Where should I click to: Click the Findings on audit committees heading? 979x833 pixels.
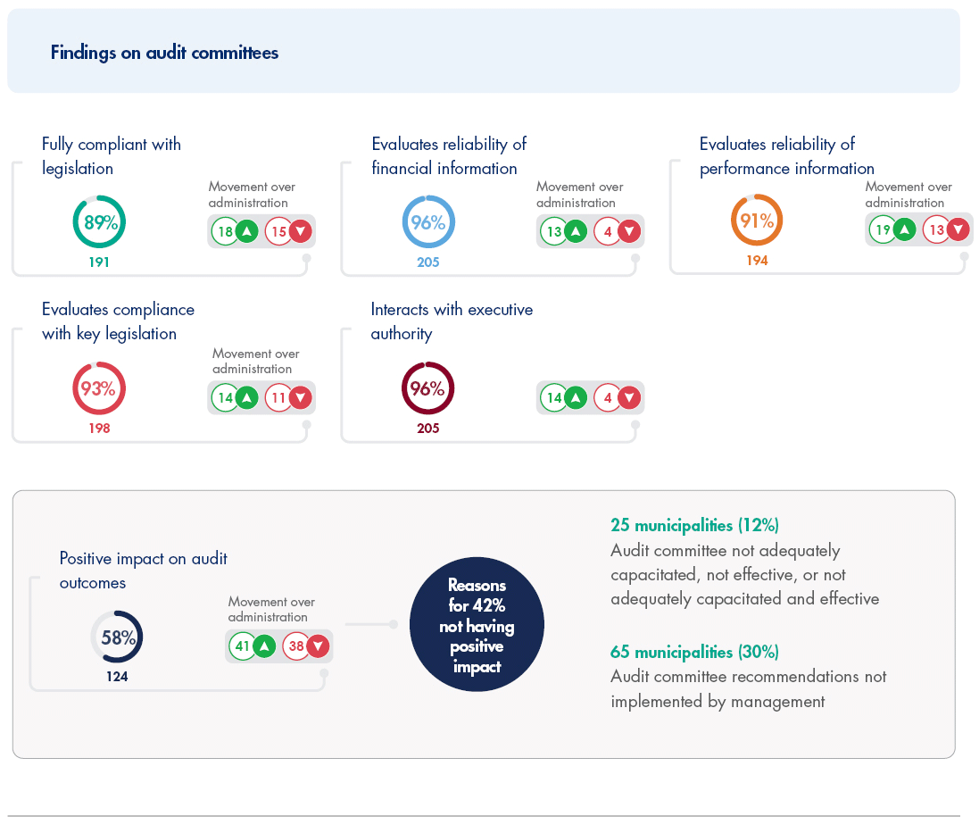164,53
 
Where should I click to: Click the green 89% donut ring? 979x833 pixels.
99,222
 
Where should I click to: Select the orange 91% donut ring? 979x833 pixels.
757,221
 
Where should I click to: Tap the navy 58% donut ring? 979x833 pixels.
117,637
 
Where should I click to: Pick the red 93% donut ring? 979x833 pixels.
99,388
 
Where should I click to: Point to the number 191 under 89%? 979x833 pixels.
99,262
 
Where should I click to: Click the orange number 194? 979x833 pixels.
757,261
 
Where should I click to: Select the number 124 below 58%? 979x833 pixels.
117,677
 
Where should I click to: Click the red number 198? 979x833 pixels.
99,429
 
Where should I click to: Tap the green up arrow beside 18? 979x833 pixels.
247,232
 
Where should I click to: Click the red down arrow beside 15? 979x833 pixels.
301,232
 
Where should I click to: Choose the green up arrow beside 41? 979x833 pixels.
264,646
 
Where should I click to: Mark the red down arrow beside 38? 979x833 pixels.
318,646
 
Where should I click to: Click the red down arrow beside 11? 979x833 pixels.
301,398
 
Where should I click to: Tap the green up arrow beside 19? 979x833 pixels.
904,230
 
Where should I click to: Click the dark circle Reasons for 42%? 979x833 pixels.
477,625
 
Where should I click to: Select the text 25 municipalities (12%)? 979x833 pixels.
694,525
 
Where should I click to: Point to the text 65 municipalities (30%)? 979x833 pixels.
695,652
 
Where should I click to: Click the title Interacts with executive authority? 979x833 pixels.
452,321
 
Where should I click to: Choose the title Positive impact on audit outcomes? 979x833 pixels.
143,571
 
